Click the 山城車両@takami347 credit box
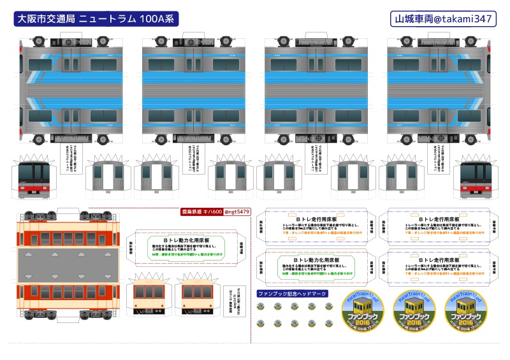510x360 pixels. (442, 19)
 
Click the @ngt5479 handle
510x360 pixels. (237, 212)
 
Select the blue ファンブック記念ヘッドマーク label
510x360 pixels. (292, 294)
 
